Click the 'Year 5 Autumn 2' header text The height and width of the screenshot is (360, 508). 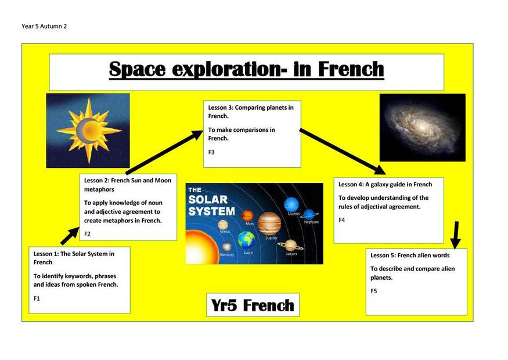pyautogui.click(x=44, y=26)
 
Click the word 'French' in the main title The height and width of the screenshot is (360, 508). pyautogui.click(x=351, y=69)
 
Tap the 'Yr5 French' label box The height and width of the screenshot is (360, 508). pyautogui.click(x=253, y=305)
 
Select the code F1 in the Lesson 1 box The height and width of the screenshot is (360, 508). pyautogui.click(x=37, y=298)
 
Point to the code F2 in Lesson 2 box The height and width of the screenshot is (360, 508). pyautogui.click(x=87, y=234)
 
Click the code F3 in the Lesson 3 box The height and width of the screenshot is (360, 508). pyautogui.click(x=211, y=152)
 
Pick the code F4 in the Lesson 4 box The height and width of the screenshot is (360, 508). pyautogui.click(x=342, y=220)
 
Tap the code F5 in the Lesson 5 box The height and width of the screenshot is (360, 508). pyautogui.click(x=374, y=291)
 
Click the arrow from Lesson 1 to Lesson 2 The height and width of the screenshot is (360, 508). pyautogui.click(x=70, y=236)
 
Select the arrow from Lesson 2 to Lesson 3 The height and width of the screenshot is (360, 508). pyautogui.click(x=164, y=152)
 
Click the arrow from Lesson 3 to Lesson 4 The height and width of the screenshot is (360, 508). pyautogui.click(x=343, y=152)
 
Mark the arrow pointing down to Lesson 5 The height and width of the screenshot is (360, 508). pyautogui.click(x=456, y=235)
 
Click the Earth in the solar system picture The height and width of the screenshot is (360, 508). pyautogui.click(x=246, y=240)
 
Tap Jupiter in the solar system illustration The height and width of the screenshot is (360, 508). pyautogui.click(x=269, y=224)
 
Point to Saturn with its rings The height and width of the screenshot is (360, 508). pyautogui.click(x=291, y=245)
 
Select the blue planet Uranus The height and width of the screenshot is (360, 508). pyautogui.click(x=291, y=205)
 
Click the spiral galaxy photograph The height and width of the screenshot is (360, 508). pyautogui.click(x=423, y=128)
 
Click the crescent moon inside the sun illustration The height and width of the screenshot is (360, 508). pyautogui.click(x=82, y=131)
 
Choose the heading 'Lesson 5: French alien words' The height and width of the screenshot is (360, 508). pyautogui.click(x=410, y=255)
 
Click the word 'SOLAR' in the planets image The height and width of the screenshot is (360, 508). pyautogui.click(x=208, y=200)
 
